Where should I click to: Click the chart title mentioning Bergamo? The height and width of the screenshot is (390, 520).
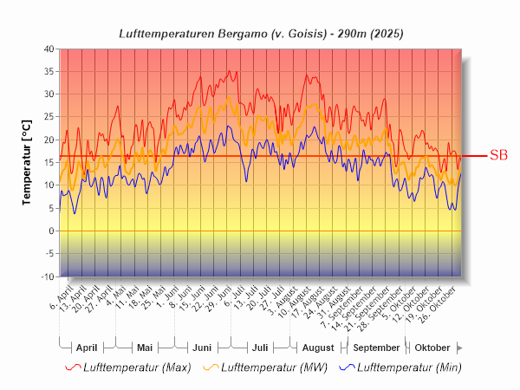click(260, 33)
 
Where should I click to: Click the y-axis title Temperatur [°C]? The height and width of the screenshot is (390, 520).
click(27, 162)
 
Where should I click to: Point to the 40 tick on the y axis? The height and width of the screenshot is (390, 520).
click(49, 49)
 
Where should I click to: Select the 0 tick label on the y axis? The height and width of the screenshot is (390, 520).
click(51, 231)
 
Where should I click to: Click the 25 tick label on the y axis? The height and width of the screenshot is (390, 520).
click(49, 117)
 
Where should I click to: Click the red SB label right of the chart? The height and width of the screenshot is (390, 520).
click(498, 156)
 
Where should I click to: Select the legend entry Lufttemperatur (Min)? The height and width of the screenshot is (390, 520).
click(400, 367)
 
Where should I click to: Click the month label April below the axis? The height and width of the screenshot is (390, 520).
click(87, 348)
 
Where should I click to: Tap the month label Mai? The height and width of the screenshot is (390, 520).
click(146, 348)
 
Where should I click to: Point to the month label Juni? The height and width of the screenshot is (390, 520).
click(202, 348)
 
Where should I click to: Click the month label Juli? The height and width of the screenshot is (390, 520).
click(259, 348)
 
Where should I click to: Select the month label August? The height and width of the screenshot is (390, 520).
click(317, 348)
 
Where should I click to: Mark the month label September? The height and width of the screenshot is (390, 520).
click(375, 348)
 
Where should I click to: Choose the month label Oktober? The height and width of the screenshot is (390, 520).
click(432, 348)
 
